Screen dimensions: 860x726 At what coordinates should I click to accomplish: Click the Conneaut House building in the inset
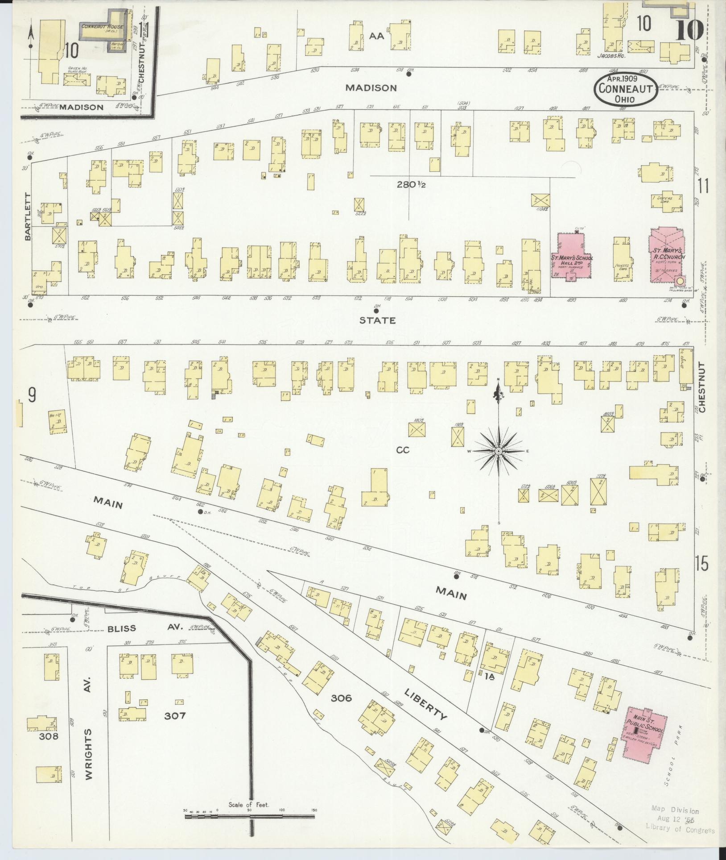[x=103, y=28]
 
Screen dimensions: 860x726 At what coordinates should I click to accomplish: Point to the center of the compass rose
[x=499, y=452]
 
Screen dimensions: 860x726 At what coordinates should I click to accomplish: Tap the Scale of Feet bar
[x=249, y=817]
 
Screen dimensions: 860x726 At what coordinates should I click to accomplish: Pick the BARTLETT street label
[x=28, y=217]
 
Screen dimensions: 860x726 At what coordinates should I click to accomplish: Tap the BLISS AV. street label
[x=145, y=627]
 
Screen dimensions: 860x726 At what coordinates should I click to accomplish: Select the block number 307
[x=174, y=715]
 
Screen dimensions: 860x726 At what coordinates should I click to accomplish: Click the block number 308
[x=48, y=736]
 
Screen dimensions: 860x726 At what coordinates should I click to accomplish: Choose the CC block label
[x=403, y=450]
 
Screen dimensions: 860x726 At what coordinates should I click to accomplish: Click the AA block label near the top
[x=376, y=37]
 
